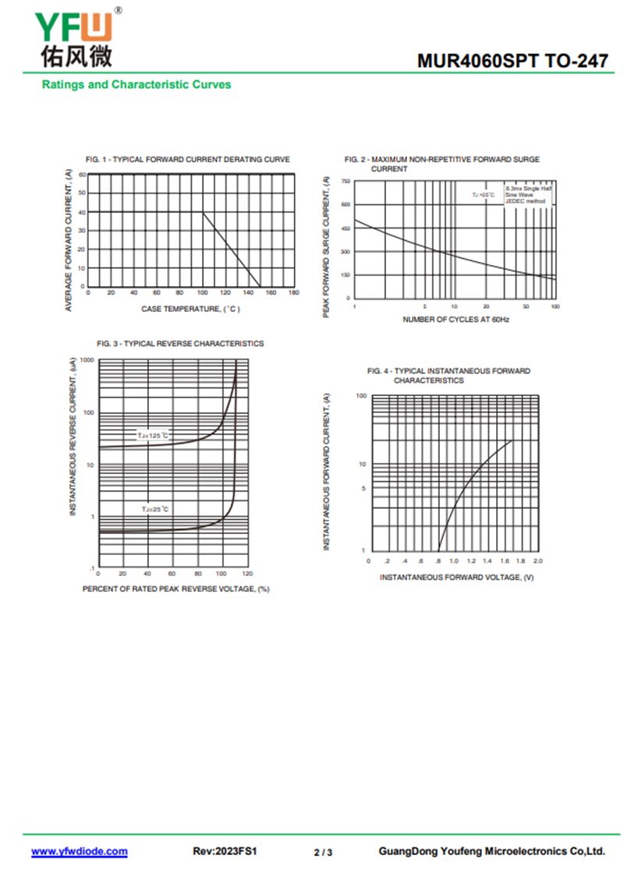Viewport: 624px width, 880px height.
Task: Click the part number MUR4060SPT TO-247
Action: point(512,60)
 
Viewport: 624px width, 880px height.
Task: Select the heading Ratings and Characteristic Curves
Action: point(136,84)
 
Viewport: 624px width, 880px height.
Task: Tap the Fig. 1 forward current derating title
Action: point(187,159)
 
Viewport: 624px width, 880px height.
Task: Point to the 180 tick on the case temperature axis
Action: point(293,293)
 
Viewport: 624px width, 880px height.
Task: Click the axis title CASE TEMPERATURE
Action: point(191,309)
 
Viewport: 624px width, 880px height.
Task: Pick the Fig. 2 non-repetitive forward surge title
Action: point(441,164)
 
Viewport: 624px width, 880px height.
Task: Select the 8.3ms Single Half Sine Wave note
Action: point(528,195)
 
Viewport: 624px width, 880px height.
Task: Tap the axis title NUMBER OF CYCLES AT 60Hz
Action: point(456,320)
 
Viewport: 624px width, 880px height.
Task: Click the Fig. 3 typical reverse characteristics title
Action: point(180,343)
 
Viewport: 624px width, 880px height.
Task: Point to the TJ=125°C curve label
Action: point(154,436)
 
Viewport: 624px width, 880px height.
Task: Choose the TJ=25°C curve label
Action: point(155,509)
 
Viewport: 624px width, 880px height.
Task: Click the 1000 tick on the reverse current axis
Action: point(87,361)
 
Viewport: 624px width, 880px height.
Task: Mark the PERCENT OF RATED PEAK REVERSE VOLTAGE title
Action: point(176,588)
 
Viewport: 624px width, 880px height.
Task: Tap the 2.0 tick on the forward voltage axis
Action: point(538,560)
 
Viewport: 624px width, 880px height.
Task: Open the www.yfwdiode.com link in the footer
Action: point(79,852)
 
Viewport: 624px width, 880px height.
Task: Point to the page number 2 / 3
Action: point(323,853)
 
